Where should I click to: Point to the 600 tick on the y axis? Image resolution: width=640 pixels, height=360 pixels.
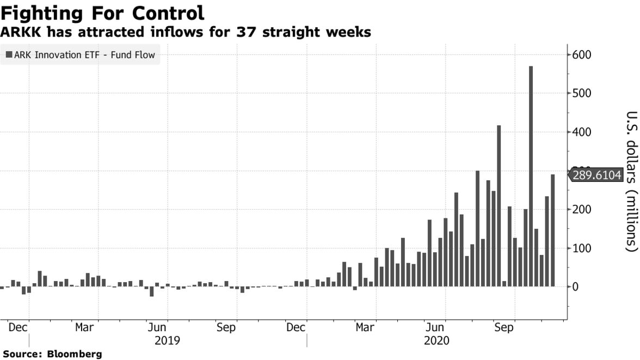click(x=582, y=55)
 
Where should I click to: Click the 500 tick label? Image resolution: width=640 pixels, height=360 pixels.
click(x=582, y=94)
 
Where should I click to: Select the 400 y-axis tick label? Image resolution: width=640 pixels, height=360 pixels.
click(x=582, y=132)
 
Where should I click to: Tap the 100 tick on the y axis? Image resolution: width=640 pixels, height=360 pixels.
click(x=582, y=248)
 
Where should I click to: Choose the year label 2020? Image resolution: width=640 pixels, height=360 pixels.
click(x=436, y=340)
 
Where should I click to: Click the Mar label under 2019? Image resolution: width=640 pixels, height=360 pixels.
click(x=84, y=328)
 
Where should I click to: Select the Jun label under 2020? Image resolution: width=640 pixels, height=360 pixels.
click(x=434, y=328)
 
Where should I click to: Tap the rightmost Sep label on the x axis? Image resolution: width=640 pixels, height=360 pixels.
click(x=503, y=328)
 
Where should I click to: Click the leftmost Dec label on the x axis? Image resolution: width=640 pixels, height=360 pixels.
click(x=18, y=328)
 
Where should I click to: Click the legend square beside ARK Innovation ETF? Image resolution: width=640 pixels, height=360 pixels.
click(x=9, y=54)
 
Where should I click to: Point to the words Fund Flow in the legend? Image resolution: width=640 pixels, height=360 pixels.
click(x=134, y=54)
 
